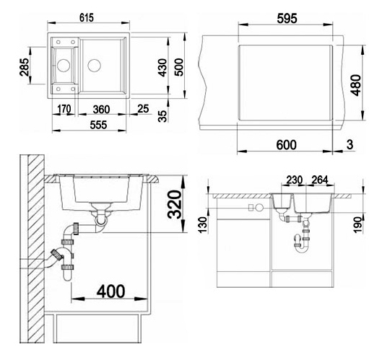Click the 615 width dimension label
(x=87, y=17)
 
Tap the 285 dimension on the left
(x=25, y=67)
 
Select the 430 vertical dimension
(x=162, y=67)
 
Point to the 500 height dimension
(x=179, y=67)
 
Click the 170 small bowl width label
(x=64, y=109)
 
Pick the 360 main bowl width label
(x=101, y=109)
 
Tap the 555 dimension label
(x=98, y=125)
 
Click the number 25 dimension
(x=143, y=108)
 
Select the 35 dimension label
(x=162, y=116)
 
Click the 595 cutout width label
(x=287, y=19)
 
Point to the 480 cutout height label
(x=357, y=85)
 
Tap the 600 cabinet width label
(x=286, y=145)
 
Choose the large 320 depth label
(x=175, y=204)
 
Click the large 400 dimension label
(x=111, y=291)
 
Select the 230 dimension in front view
(x=295, y=180)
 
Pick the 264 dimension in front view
(x=320, y=180)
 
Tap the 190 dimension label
(x=358, y=225)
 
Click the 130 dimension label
(x=203, y=225)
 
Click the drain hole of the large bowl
(x=95, y=65)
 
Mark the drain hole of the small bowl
(x=64, y=65)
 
